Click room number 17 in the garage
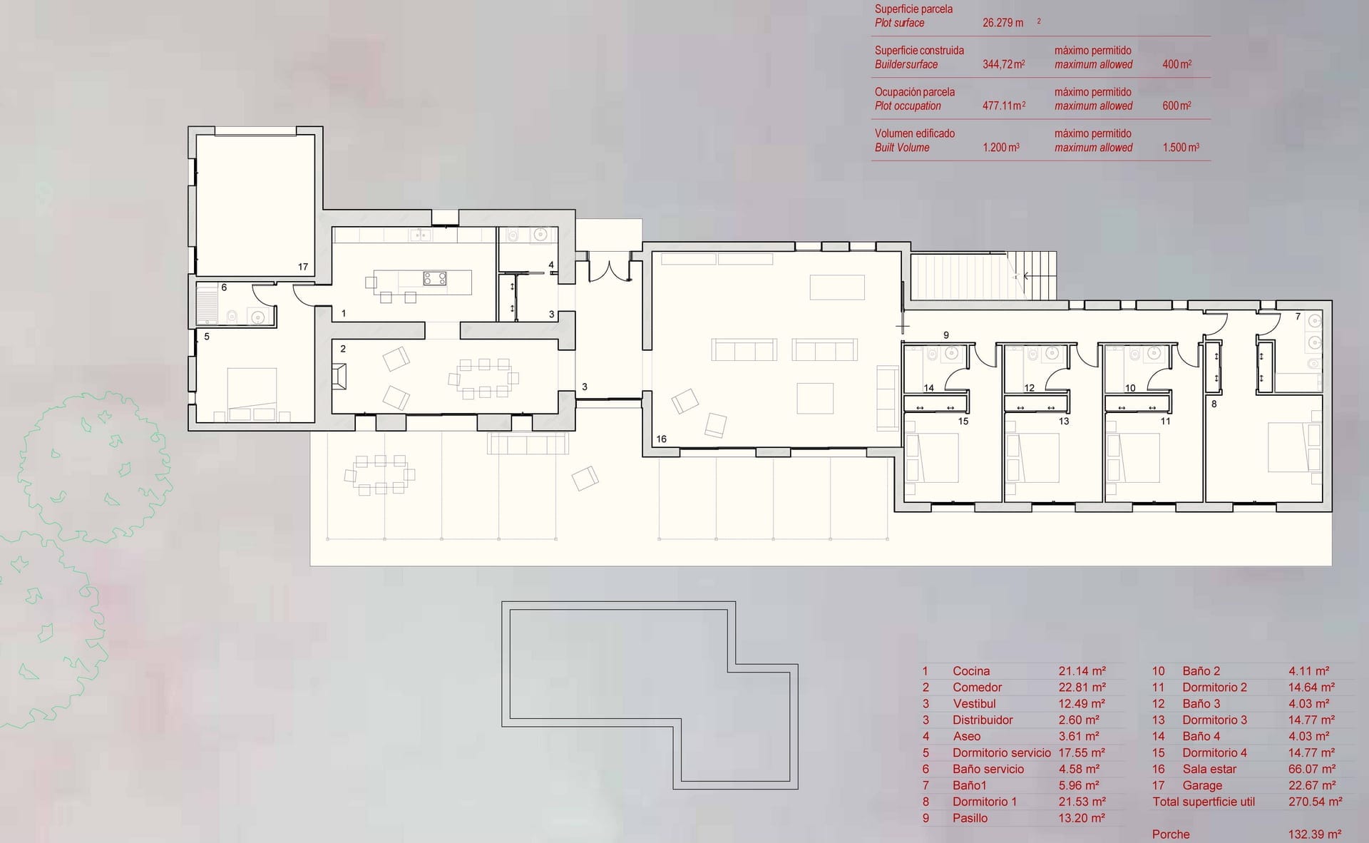303,267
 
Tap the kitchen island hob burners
435,278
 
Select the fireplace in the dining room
340,376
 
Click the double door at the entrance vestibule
610,272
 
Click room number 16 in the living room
662,439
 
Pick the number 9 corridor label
946,335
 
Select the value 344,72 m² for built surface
1004,64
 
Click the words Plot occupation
908,106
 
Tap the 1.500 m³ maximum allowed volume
1181,148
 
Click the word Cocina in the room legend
971,671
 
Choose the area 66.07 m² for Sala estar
1312,769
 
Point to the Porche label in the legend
1171,834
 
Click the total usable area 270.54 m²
1316,802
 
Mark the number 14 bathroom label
928,388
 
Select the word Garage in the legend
1202,785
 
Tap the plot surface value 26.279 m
1003,23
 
